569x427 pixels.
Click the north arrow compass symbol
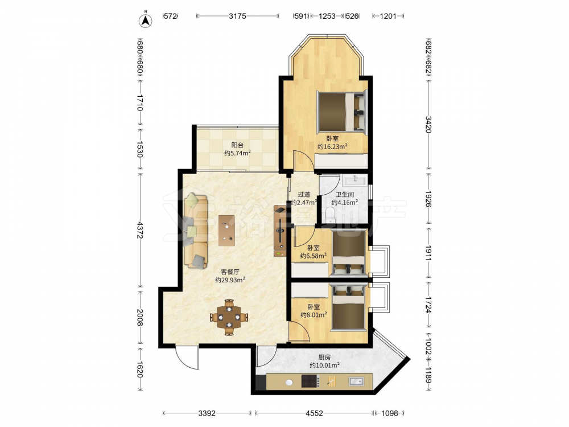coord(146,20)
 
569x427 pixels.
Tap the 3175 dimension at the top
coord(237,16)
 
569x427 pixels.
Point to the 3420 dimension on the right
coord(428,124)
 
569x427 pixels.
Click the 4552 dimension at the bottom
coord(314,413)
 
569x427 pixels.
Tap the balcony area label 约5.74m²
coord(238,153)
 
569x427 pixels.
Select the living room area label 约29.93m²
coord(230,280)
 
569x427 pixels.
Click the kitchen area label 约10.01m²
coord(324,366)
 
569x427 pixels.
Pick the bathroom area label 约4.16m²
coord(344,203)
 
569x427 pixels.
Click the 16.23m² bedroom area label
coord(332,146)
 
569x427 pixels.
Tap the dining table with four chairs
coord(229,317)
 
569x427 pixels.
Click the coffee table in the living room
coord(227,231)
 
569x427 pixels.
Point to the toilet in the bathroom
coord(331,214)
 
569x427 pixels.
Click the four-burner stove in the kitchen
coord(311,381)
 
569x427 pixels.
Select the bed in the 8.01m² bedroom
coord(348,307)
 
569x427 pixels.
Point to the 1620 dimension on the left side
coord(140,368)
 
